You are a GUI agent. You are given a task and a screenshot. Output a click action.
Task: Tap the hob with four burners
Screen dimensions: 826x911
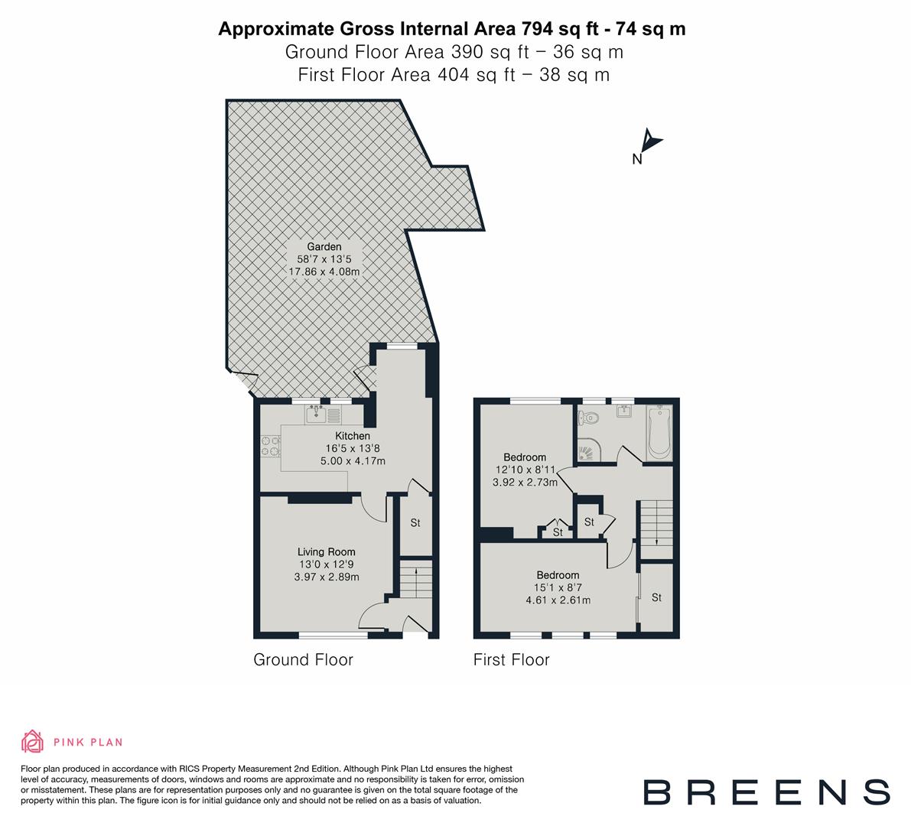tap(269, 446)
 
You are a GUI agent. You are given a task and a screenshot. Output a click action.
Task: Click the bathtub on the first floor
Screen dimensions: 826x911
tap(659, 434)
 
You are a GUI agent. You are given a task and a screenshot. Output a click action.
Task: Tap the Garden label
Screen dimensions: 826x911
tap(324, 247)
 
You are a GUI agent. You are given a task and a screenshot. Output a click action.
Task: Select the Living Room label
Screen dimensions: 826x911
tap(327, 551)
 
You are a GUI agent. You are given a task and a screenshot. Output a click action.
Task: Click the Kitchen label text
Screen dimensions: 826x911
tap(352, 436)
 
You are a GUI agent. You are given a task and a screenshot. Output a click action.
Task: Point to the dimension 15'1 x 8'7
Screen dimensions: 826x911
tap(558, 587)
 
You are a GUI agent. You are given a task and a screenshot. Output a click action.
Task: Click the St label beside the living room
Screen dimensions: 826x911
tap(415, 524)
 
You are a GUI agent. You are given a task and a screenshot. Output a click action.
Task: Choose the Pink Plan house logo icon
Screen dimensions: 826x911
tap(33, 741)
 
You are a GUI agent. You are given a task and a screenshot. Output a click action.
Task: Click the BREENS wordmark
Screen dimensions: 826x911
tap(766, 792)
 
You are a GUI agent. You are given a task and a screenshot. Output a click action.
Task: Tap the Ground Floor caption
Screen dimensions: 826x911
tap(303, 660)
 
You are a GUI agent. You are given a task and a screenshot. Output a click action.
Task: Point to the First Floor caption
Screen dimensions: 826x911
tap(511, 660)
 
